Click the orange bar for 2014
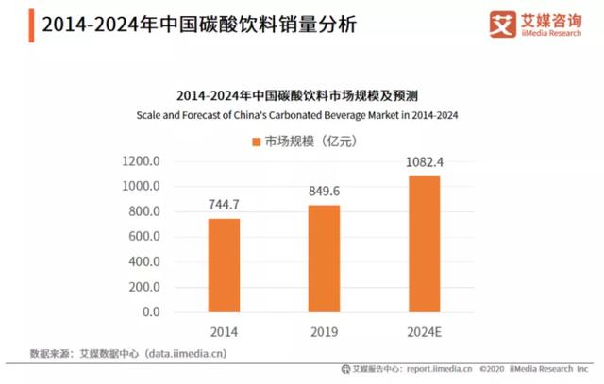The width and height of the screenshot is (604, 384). click(224, 265)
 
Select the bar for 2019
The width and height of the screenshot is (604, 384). click(324, 259)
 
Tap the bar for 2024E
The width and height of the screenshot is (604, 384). click(424, 243)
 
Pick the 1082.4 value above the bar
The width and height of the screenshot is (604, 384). click(424, 161)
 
